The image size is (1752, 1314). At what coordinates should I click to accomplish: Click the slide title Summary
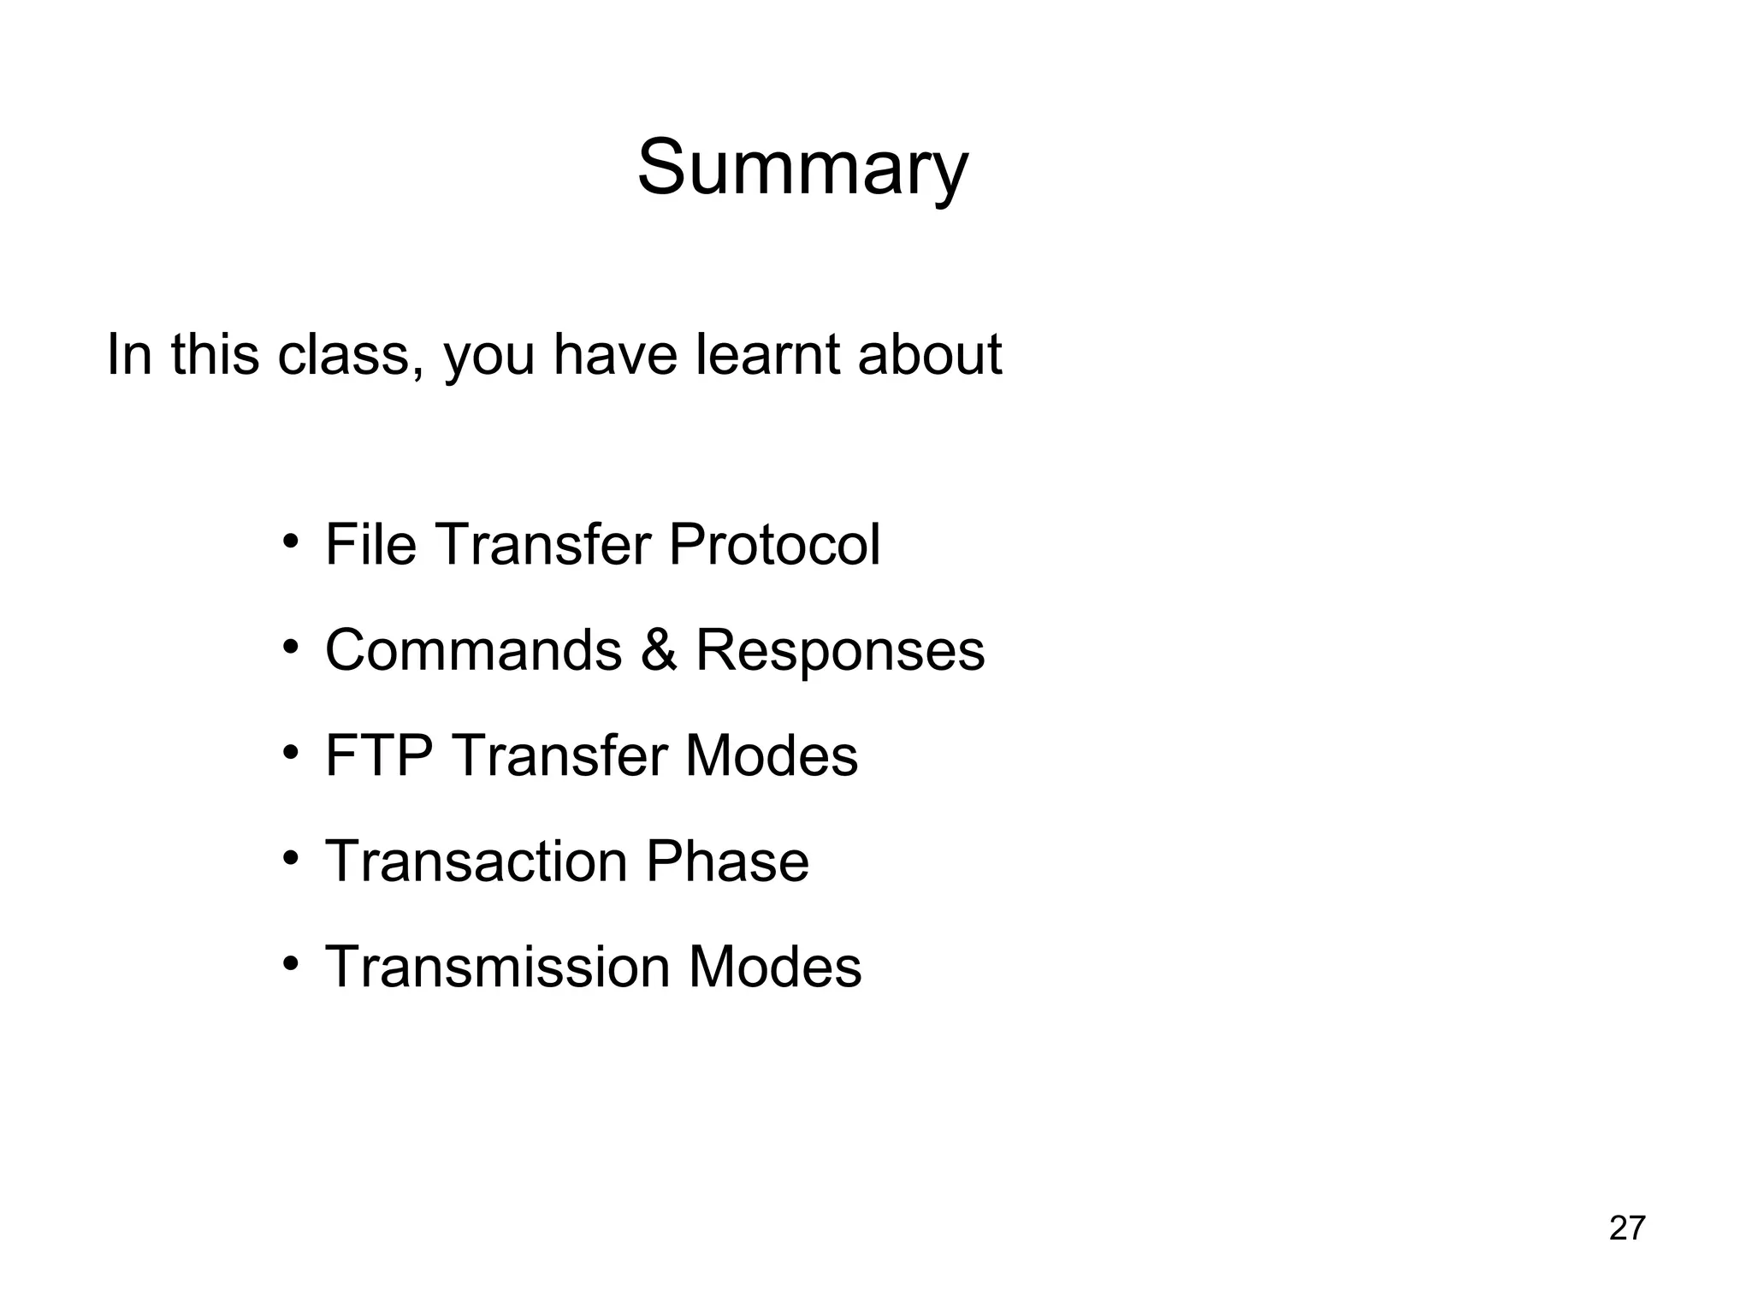pyautogui.click(x=802, y=168)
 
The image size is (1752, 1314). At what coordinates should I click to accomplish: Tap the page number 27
pyautogui.click(x=1627, y=1228)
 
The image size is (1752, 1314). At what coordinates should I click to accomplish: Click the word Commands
pyautogui.click(x=473, y=650)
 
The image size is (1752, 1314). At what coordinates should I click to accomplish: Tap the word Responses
pyautogui.click(x=839, y=650)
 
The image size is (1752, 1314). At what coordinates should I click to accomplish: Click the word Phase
pyautogui.click(x=726, y=861)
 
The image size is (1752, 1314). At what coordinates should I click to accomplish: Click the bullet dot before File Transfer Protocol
pyautogui.click(x=291, y=542)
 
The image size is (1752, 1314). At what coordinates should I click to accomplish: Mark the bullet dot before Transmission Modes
pyautogui.click(x=291, y=964)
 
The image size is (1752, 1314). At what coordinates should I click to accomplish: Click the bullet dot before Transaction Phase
pyautogui.click(x=291, y=858)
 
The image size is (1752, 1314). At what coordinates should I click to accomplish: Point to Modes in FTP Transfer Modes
pyautogui.click(x=771, y=755)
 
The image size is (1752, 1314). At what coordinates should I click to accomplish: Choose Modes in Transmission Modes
pyautogui.click(x=774, y=967)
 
